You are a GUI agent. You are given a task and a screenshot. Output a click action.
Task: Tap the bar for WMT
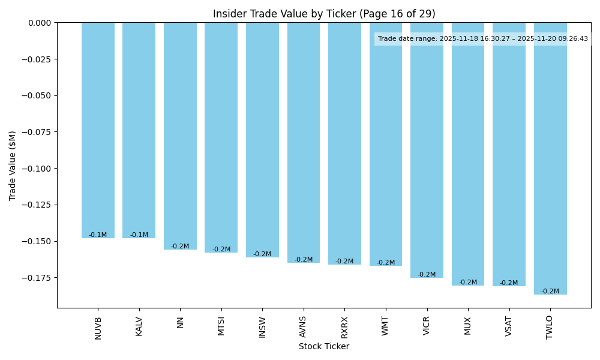[386, 144]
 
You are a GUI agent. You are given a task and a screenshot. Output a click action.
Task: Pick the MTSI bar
[221, 137]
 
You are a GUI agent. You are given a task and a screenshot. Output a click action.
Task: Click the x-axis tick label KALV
[139, 326]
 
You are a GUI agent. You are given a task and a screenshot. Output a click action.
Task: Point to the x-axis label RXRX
[344, 326]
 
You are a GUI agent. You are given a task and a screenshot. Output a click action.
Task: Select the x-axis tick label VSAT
[509, 326]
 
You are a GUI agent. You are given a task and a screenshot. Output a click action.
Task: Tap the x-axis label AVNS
[304, 326]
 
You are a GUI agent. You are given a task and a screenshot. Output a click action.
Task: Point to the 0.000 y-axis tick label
[40, 23]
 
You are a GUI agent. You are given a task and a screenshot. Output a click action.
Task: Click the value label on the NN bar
[180, 247]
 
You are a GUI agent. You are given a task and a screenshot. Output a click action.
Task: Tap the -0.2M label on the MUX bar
[468, 283]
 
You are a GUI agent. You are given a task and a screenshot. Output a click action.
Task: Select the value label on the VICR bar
[427, 275]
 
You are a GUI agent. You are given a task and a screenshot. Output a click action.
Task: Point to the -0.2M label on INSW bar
[262, 254]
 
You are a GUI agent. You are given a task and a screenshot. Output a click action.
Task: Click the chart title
[324, 14]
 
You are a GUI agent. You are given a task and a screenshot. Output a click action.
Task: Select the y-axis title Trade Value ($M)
[13, 165]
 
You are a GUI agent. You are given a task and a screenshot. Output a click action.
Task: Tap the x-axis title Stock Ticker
[324, 346]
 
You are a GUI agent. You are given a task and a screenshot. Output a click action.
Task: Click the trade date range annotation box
[482, 39]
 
